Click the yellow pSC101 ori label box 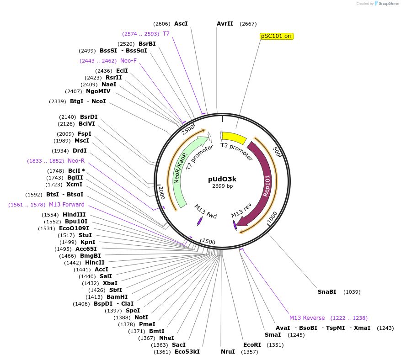pos(277,36)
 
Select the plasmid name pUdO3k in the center pos(222,179)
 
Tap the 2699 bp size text pos(222,186)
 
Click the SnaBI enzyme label pos(327,291)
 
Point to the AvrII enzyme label pos(225,24)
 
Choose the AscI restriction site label pos(181,24)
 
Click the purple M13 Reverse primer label pos(307,318)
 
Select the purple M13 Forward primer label pos(67,205)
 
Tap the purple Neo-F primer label pos(128,61)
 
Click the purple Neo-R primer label pos(76,161)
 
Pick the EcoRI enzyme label pos(252,344)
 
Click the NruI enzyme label pos(228,352)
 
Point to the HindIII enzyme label pos(74,215)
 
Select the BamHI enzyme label pos(117,297)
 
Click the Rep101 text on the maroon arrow pos(267,185)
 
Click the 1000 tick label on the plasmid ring pos(272,217)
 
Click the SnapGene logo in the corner pos(384,4)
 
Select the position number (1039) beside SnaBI pos(353,292)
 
